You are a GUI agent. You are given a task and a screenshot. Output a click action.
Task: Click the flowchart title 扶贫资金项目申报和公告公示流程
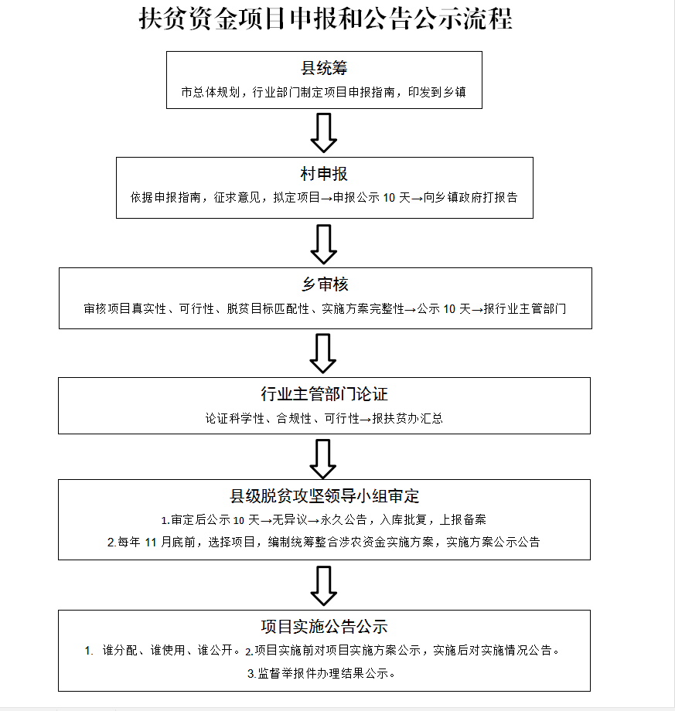point(326,19)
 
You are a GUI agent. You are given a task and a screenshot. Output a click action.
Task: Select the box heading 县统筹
point(324,68)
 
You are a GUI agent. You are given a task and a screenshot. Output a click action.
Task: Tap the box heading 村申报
point(324,174)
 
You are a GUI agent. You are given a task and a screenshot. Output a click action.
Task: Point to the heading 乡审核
point(325,284)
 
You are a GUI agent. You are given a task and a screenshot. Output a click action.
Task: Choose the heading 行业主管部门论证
point(324,394)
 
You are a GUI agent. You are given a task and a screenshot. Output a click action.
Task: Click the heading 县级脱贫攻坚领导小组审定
point(324,496)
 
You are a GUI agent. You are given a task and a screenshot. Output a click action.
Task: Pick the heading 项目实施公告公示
point(324,627)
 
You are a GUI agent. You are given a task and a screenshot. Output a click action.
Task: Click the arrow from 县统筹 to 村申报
point(323,133)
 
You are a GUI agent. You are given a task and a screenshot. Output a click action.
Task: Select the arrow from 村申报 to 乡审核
point(323,244)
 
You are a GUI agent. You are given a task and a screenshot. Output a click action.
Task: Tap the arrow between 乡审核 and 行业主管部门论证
point(323,354)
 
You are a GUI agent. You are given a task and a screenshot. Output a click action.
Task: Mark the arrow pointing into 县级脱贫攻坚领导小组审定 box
point(323,459)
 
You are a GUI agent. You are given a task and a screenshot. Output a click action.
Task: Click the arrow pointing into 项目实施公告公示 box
point(323,586)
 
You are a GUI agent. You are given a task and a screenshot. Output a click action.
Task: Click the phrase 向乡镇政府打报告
point(470,198)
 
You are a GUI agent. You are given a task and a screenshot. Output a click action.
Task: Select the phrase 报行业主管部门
point(525,309)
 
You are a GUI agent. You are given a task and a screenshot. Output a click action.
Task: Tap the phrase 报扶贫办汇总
point(407,419)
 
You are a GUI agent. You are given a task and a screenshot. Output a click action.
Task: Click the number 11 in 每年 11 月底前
point(151,543)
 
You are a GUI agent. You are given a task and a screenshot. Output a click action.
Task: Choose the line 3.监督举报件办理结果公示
point(321,674)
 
